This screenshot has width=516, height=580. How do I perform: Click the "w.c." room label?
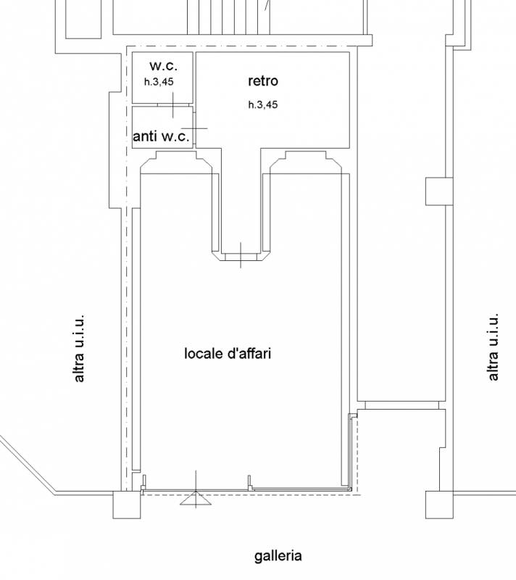point(163,66)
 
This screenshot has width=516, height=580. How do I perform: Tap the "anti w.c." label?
point(161,136)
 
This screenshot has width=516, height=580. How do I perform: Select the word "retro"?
point(263,80)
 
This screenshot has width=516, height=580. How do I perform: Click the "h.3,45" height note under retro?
point(263,104)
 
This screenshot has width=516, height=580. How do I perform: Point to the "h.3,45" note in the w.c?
point(159,82)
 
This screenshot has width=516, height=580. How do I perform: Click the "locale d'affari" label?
point(228,353)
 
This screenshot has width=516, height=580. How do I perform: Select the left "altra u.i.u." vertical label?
point(79,349)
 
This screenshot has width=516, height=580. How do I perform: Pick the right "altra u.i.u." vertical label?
point(493,347)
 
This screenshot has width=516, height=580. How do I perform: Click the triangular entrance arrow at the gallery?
point(196,498)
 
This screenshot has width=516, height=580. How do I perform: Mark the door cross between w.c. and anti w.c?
point(173,105)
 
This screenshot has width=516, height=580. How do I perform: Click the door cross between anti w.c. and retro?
point(194,128)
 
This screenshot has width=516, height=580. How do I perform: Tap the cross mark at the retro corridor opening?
point(241,255)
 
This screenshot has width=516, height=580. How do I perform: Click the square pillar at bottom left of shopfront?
point(127,505)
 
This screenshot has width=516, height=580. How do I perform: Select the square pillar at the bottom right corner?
point(439,505)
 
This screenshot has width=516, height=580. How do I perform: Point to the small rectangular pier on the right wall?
point(439,191)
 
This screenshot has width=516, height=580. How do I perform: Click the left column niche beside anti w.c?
point(176,162)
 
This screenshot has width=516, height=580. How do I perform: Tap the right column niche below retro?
point(306,162)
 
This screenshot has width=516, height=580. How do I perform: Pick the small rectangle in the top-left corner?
point(83,19)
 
